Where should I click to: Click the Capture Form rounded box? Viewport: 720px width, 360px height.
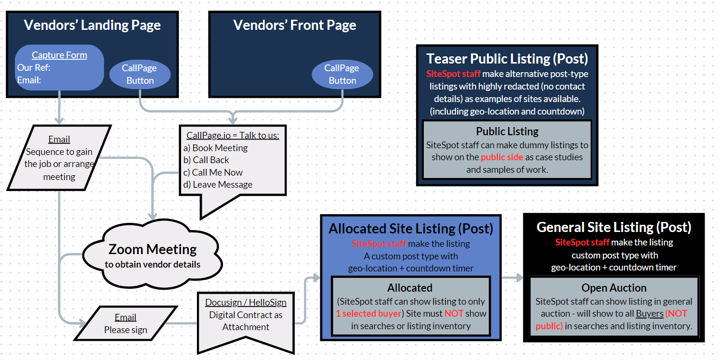(x=60, y=67)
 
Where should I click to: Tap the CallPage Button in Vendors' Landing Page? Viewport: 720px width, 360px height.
(x=140, y=75)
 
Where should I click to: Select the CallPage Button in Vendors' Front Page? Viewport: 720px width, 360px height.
(x=342, y=75)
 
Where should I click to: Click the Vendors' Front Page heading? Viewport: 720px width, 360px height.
(x=295, y=26)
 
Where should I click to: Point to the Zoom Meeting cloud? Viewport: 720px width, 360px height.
(x=153, y=255)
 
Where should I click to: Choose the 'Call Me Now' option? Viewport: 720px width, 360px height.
(x=217, y=172)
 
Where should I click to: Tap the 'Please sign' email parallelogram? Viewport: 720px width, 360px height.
(x=125, y=323)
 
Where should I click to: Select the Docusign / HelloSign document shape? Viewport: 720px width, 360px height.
(x=246, y=318)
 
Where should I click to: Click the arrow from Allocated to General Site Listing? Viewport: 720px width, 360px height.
(x=512, y=278)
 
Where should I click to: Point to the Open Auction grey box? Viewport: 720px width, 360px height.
(x=614, y=307)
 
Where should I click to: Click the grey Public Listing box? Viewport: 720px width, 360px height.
(x=507, y=150)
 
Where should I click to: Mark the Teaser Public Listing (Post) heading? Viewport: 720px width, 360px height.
(x=507, y=59)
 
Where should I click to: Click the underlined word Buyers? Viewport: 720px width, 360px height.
(x=649, y=314)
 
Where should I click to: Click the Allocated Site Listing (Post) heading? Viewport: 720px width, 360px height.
(x=411, y=229)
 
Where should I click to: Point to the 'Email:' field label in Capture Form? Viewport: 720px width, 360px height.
(x=29, y=80)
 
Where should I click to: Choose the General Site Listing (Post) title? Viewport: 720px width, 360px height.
(x=614, y=227)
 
